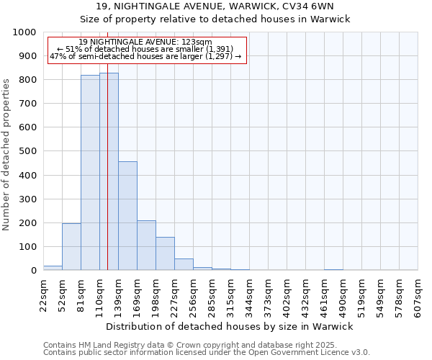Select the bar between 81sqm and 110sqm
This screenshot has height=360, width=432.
(90, 173)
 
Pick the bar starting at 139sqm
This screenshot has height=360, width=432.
(127, 216)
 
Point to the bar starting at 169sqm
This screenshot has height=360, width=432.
(146, 246)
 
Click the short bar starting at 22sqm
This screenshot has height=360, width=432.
(53, 268)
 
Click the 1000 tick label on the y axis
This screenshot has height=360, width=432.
(24, 32)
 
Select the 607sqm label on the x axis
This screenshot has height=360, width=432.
(418, 298)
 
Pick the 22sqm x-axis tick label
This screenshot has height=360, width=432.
(43, 297)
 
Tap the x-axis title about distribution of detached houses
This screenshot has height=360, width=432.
(229, 327)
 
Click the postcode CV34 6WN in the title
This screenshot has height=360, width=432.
(315, 6)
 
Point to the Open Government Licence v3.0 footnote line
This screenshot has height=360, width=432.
(207, 353)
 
